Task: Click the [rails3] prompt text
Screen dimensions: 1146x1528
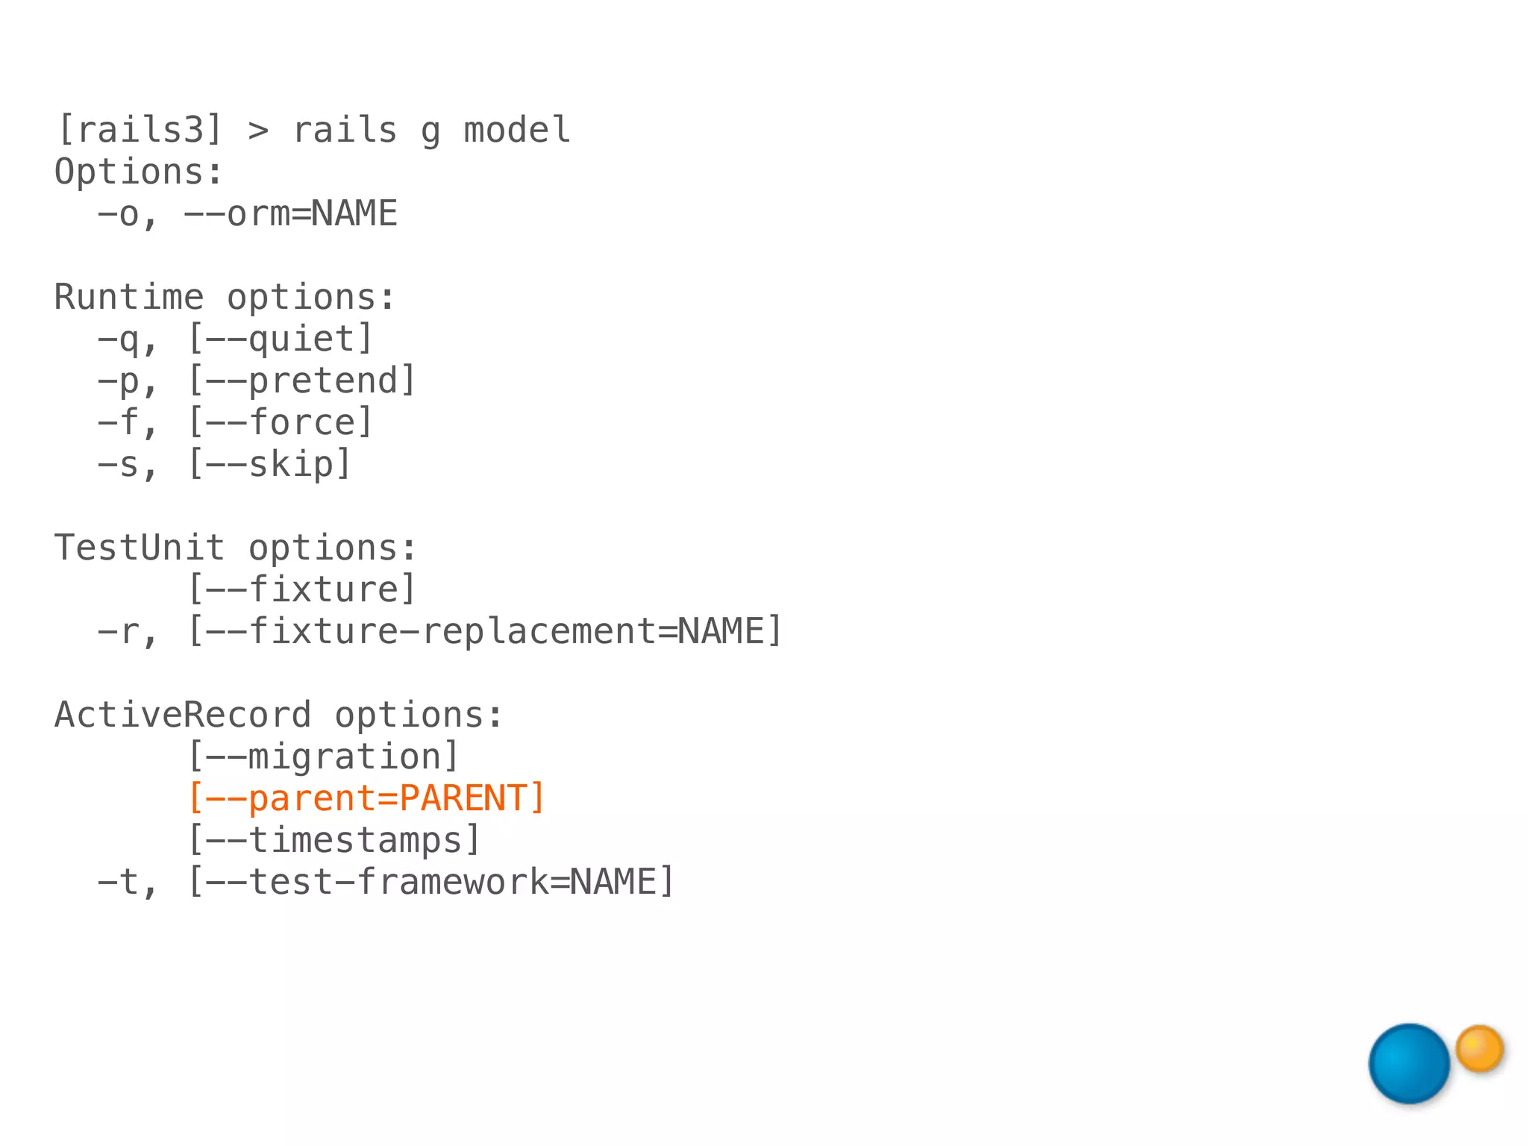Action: tap(140, 131)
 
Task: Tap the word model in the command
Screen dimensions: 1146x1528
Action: tap(517, 131)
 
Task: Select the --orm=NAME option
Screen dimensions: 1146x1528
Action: tap(290, 214)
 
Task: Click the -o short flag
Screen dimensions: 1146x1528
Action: tap(119, 214)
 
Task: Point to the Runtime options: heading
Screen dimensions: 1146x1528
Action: tap(225, 298)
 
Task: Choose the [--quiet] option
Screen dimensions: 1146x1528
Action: tap(280, 339)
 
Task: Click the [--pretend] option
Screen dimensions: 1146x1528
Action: tap(301, 381)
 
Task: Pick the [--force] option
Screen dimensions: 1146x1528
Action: tap(280, 423)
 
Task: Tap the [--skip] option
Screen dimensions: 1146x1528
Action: tap(269, 465)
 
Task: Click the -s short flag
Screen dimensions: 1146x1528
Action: tap(119, 465)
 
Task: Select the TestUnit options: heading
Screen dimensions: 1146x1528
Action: tap(236, 548)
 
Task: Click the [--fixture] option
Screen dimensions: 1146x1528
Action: tap(301, 590)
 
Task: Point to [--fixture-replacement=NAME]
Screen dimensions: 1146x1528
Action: tap(485, 632)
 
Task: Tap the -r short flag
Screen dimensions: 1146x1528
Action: tap(119, 632)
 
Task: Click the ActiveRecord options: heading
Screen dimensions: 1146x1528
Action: tap(279, 716)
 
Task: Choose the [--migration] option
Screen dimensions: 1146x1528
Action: tap(323, 757)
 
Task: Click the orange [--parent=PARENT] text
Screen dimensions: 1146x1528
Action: tap(366, 799)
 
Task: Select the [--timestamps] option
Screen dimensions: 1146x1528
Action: tap(334, 841)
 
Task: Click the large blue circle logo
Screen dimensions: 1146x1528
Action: tap(1409, 1063)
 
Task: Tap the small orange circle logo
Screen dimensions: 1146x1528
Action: tap(1480, 1048)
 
